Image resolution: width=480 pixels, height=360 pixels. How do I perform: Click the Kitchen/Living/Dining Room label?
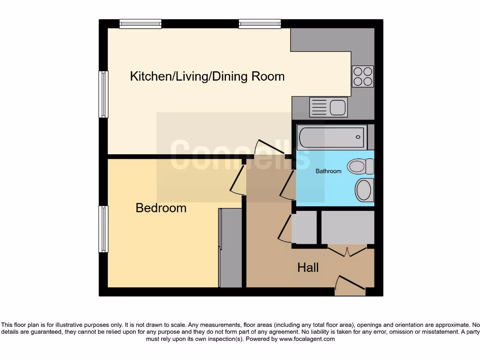tap(207, 76)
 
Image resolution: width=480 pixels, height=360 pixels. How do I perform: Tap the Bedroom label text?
tap(161, 208)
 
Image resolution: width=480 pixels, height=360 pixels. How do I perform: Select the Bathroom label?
tap(328, 171)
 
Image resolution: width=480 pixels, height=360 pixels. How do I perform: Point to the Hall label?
tap(308, 267)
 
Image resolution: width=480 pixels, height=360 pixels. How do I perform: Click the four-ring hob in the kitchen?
tap(363, 76)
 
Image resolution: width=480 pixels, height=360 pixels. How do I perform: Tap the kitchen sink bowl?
tap(337, 107)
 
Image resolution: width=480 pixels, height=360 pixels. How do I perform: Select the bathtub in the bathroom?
tap(331, 137)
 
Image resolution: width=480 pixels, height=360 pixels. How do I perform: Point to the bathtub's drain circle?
tap(358, 137)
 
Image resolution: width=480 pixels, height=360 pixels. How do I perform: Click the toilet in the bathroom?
tap(360, 166)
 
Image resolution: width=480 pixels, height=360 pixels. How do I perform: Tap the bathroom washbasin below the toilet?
tap(364, 190)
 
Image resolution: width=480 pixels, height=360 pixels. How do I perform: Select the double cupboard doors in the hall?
tap(347, 251)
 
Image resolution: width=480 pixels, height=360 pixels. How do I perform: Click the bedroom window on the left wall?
tap(103, 229)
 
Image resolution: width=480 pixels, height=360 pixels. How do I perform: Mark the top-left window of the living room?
tap(140, 23)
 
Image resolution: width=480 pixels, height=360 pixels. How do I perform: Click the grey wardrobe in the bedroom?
tap(231, 247)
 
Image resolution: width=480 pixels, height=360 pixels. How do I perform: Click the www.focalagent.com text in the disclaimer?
tap(307, 339)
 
